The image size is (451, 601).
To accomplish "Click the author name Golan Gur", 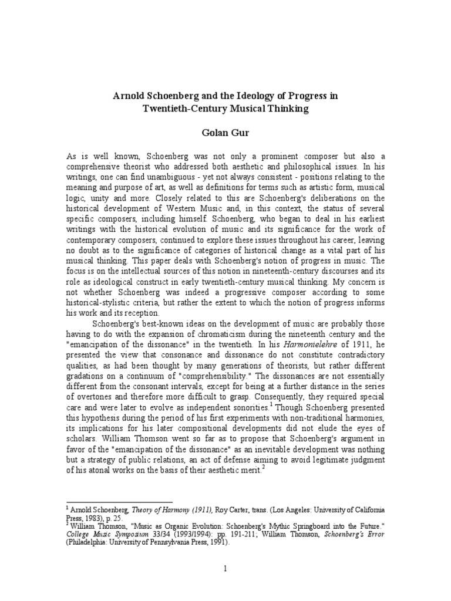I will [225, 134].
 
